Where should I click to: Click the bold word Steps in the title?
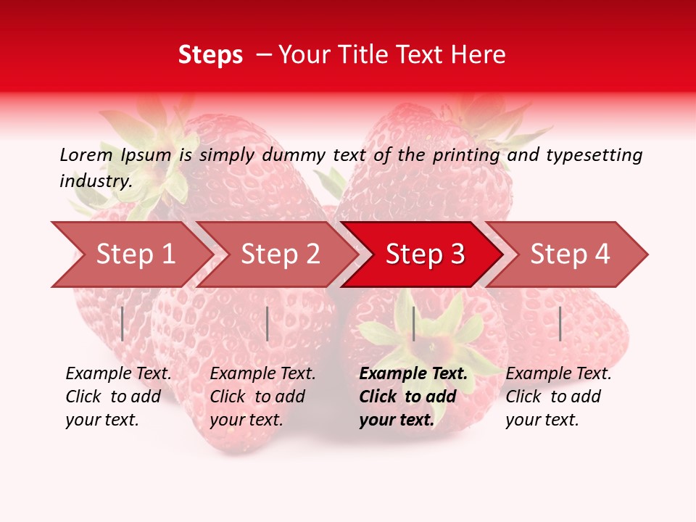[210, 55]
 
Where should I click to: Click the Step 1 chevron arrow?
[136, 254]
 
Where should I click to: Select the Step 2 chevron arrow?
[281, 254]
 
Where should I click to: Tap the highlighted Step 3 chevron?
[425, 254]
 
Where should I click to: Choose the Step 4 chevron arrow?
[570, 254]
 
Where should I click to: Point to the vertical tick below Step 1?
[123, 323]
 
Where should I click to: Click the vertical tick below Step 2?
[268, 323]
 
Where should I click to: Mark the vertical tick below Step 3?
[413, 323]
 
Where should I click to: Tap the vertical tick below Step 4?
[560, 323]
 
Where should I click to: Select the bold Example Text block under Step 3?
[413, 397]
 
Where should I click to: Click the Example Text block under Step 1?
[118, 397]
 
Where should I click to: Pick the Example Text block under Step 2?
[262, 397]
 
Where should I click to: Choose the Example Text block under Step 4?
[558, 397]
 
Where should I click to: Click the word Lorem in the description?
[86, 154]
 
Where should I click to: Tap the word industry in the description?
[96, 181]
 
